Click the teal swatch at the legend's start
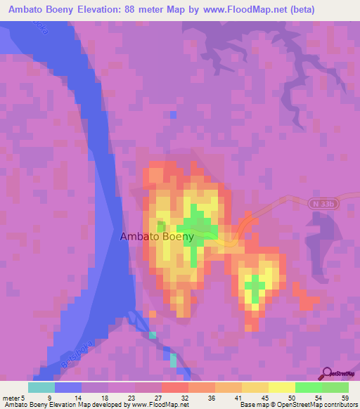(41, 387)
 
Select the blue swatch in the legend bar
(67, 387)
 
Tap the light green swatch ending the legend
(335, 387)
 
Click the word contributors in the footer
(340, 405)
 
